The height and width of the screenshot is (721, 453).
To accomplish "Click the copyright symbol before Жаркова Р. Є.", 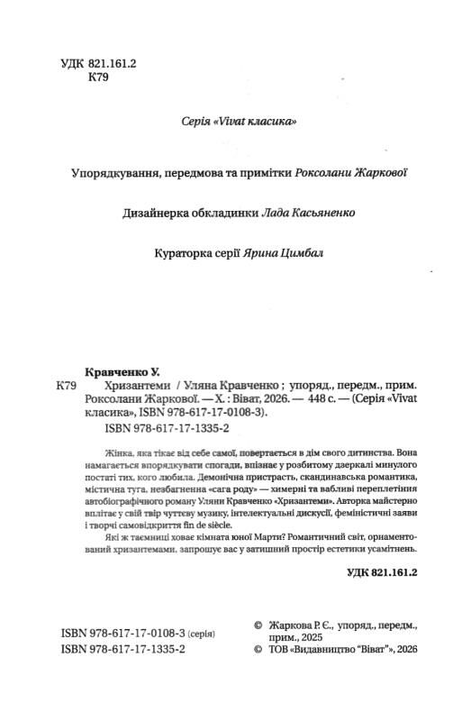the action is pos(260,623).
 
